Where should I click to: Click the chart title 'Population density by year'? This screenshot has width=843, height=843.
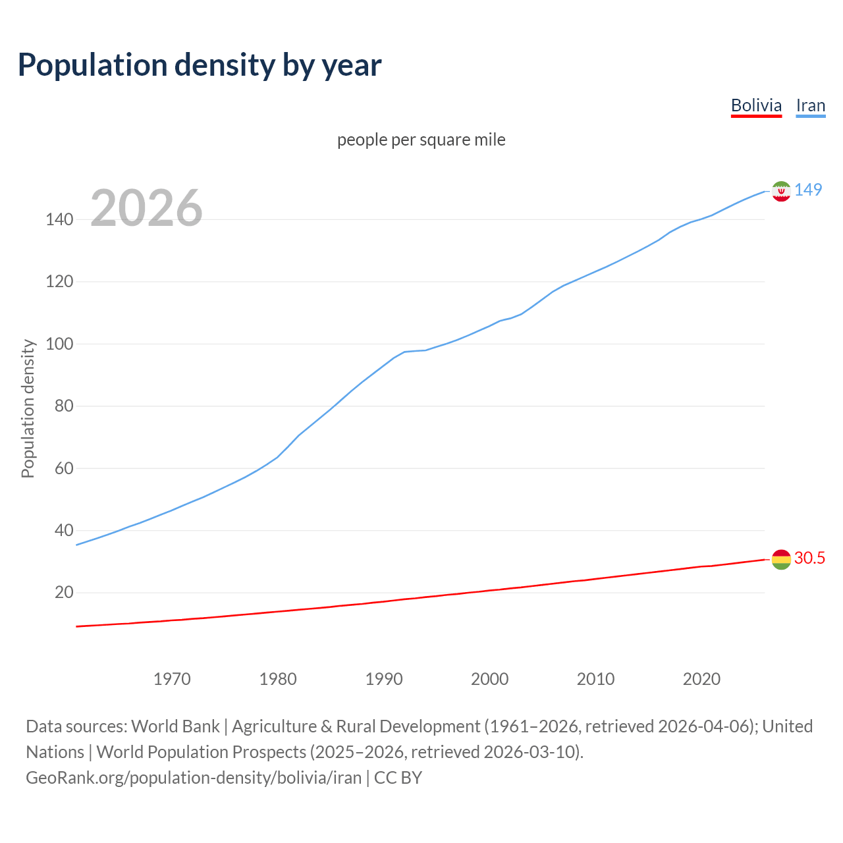tap(200, 65)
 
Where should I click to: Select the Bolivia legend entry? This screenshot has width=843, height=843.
tap(756, 105)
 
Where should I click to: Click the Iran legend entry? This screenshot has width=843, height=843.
tap(810, 105)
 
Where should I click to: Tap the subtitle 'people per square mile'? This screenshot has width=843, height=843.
tap(421, 140)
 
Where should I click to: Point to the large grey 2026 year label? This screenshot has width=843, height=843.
tap(146, 209)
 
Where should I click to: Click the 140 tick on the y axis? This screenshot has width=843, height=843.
tap(59, 220)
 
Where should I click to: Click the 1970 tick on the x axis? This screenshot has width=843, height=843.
tap(172, 679)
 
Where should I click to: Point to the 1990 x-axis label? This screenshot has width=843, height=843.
tap(384, 679)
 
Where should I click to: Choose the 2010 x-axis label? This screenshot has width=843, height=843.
tap(595, 679)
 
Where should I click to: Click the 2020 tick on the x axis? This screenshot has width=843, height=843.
tap(701, 679)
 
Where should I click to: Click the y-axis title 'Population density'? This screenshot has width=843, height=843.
tap(28, 408)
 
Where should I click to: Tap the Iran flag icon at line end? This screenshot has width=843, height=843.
tap(780, 191)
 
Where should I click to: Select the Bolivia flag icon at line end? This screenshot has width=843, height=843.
tap(780, 559)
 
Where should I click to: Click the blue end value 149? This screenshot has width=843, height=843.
tap(808, 190)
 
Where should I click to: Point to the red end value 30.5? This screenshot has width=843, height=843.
tap(809, 558)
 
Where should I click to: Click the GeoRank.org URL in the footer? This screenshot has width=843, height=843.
tap(194, 778)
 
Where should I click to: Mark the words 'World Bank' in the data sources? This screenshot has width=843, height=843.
tap(175, 726)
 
